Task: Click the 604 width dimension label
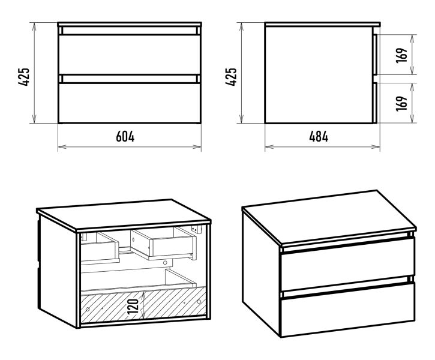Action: tap(125, 136)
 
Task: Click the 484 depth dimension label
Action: tap(319, 136)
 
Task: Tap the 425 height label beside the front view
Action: tap(24, 77)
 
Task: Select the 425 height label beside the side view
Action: tap(231, 77)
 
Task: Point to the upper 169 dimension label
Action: tap(402, 55)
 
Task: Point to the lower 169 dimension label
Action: tap(402, 103)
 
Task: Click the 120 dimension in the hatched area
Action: tap(133, 306)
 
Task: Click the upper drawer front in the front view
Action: tap(130, 55)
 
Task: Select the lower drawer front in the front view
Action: tap(130, 103)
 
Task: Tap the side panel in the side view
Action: tap(319, 74)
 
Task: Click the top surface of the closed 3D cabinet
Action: tap(329, 218)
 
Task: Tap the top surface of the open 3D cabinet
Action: tap(124, 214)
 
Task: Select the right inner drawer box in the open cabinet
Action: tap(164, 242)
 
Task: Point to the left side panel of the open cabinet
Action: tap(58, 272)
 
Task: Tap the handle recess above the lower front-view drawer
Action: tap(130, 79)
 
